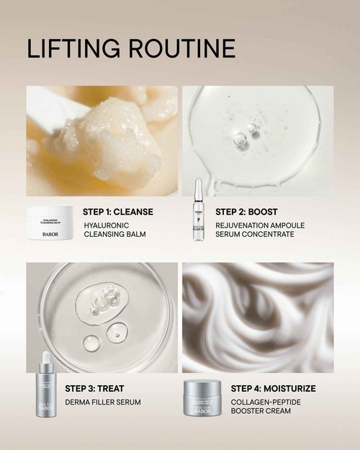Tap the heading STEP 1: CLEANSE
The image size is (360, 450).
coord(118,212)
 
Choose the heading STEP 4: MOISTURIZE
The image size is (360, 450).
coord(273,388)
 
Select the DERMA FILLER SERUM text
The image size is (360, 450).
coord(103,402)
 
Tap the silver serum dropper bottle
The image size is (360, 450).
coord(46,390)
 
